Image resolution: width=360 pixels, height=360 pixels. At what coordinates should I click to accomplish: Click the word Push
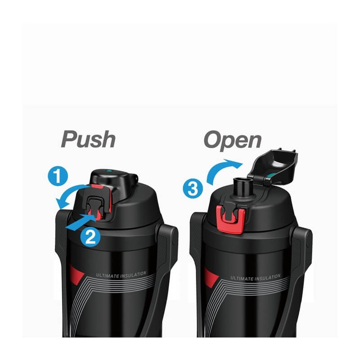[x=88, y=139]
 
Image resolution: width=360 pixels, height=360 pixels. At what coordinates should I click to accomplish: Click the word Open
[x=233, y=140]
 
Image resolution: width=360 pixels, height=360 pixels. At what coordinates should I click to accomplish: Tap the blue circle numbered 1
[x=58, y=176]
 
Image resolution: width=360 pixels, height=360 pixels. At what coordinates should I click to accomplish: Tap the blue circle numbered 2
[x=90, y=237]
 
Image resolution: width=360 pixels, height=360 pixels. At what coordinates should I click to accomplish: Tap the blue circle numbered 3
[x=193, y=189]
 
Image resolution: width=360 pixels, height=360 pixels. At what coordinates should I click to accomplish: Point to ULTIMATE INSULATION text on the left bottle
[x=121, y=274]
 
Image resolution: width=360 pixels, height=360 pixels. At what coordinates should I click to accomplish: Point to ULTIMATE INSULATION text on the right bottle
[x=256, y=278]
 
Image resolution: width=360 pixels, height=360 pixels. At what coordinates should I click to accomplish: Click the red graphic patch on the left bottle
[x=76, y=274]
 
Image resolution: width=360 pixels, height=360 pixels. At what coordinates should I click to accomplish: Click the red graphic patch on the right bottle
[x=211, y=277]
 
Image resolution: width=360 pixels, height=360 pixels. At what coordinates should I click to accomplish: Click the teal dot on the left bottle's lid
[x=109, y=171]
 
